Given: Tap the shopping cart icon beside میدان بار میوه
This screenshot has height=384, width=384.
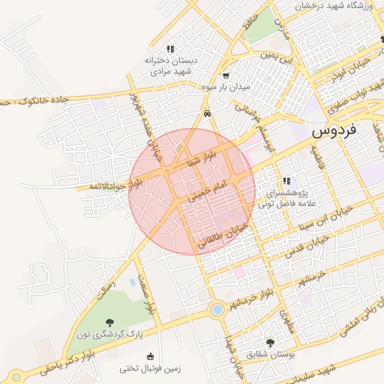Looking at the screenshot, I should (x=226, y=75).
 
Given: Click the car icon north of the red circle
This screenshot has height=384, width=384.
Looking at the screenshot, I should (x=206, y=114).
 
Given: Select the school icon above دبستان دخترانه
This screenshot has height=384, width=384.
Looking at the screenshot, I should (x=170, y=49).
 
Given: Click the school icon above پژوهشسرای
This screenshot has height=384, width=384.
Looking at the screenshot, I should (x=286, y=181).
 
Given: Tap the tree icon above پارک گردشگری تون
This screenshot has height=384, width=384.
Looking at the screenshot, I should (x=111, y=322).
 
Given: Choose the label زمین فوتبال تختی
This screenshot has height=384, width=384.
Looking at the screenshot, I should (x=150, y=369).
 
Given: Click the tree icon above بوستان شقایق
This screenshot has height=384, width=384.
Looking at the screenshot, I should (x=271, y=342).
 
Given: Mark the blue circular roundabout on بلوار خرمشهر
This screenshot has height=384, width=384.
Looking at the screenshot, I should (x=217, y=309).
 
